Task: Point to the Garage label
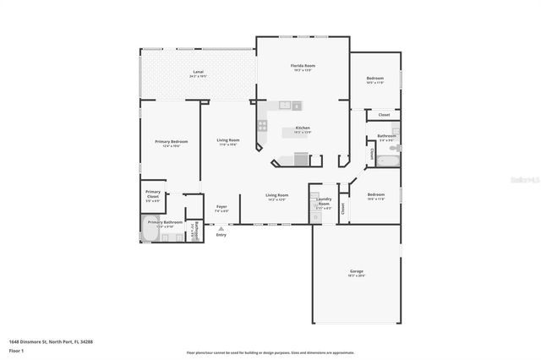356,272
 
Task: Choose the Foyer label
221,206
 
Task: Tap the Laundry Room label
323,201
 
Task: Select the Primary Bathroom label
165,223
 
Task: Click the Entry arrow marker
221,226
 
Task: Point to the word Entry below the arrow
221,235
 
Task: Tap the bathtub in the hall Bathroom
388,158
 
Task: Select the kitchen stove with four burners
263,128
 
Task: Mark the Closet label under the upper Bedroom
384,115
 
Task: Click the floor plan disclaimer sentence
270,352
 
